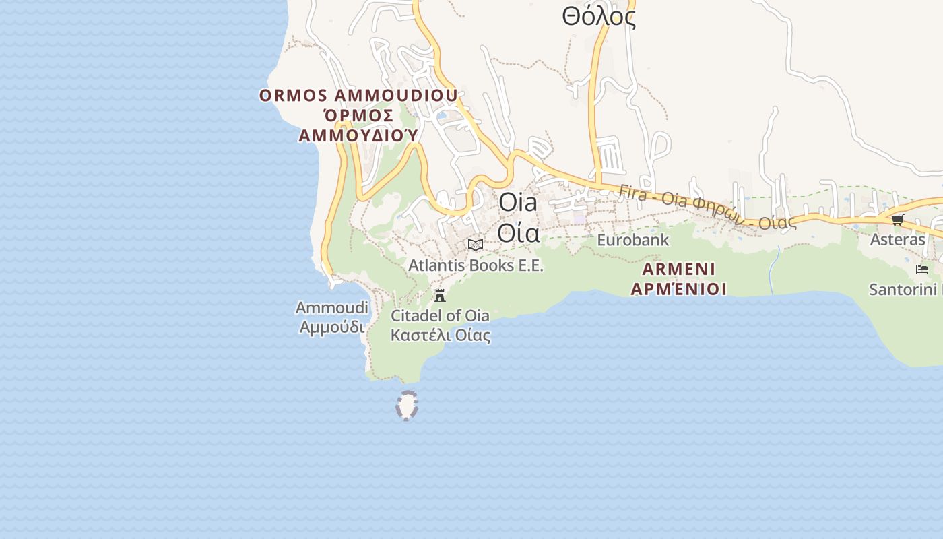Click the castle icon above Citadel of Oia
(x=440, y=295)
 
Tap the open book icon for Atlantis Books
(x=476, y=245)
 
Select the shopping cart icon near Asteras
(x=897, y=220)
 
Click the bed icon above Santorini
(x=922, y=269)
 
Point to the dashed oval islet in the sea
(x=407, y=406)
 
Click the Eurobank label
(x=633, y=240)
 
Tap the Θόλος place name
(x=599, y=18)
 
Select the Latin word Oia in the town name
(x=518, y=203)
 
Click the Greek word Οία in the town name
(x=519, y=232)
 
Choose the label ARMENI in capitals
(x=679, y=269)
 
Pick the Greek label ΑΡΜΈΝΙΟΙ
(x=679, y=290)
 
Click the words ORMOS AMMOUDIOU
(x=358, y=96)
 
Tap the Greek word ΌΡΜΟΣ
(x=358, y=116)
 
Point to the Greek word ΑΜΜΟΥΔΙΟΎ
(x=358, y=136)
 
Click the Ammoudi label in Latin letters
(x=332, y=308)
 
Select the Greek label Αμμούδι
(x=332, y=327)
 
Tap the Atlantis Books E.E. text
(x=476, y=265)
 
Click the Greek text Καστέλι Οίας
(x=441, y=335)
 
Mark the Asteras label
(x=897, y=240)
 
